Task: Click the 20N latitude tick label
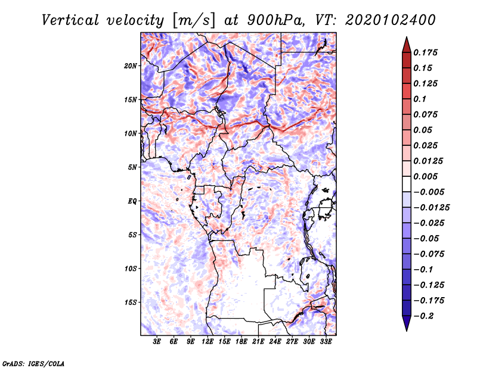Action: [131, 66]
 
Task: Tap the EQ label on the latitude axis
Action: [132, 201]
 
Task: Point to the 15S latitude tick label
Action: [131, 302]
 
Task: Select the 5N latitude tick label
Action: [132, 167]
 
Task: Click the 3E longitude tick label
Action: [157, 342]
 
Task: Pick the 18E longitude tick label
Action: [241, 342]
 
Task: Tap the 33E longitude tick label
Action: [326, 342]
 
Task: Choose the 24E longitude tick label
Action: [275, 342]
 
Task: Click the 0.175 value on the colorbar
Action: [425, 52]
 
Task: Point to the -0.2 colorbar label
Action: [423, 316]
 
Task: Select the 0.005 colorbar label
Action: [425, 176]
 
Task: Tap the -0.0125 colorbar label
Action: [431, 208]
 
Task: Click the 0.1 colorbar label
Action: [420, 99]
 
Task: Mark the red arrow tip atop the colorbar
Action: [407, 37]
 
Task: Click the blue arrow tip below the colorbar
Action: [407, 330]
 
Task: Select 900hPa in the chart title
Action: [275, 20]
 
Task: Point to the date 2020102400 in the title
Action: [391, 20]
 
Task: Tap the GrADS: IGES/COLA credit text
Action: [33, 364]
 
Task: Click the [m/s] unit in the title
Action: [194, 21]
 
